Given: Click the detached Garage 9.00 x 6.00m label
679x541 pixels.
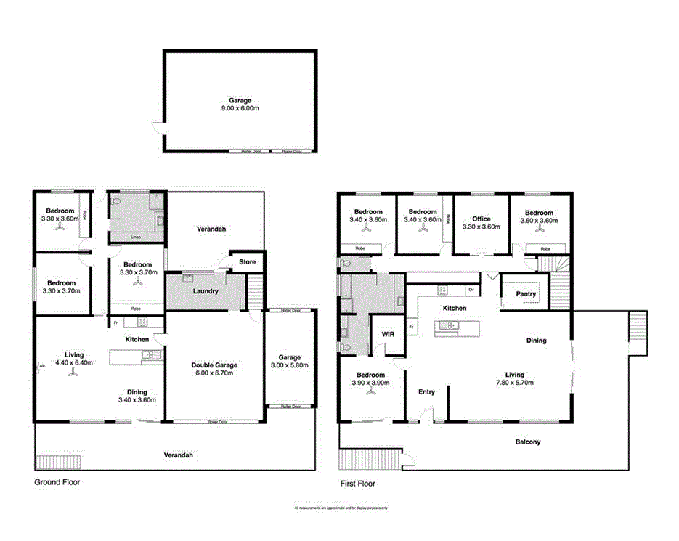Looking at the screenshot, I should pyautogui.click(x=239, y=104).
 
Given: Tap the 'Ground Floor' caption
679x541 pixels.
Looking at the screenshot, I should pyautogui.click(x=57, y=481).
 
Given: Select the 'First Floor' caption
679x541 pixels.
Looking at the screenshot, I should pyautogui.click(x=357, y=483).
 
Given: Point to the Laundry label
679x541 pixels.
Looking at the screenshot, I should pyautogui.click(x=206, y=291).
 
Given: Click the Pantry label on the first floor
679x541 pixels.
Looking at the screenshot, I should pyautogui.click(x=525, y=294).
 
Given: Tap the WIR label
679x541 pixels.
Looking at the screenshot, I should pyautogui.click(x=387, y=334).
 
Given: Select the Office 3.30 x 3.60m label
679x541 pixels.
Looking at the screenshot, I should pyautogui.click(x=481, y=222).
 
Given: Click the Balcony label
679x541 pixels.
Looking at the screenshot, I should pyautogui.click(x=528, y=442).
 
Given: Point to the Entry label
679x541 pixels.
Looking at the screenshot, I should pyautogui.click(x=426, y=392).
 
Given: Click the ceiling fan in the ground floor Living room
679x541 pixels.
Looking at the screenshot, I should pyautogui.click(x=72, y=373).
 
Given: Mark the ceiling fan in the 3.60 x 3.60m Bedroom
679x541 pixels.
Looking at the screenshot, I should pyautogui.click(x=539, y=228).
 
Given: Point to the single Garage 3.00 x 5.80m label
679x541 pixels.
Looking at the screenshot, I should pyautogui.click(x=290, y=362).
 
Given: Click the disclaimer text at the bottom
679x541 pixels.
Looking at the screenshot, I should pyautogui.click(x=341, y=508).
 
